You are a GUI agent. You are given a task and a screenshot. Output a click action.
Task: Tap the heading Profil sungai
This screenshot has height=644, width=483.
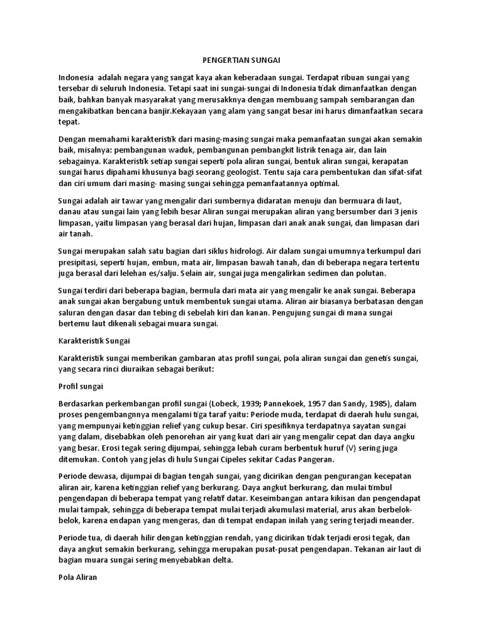point(80,386)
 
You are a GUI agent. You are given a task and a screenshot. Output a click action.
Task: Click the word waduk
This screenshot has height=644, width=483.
point(193,150)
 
